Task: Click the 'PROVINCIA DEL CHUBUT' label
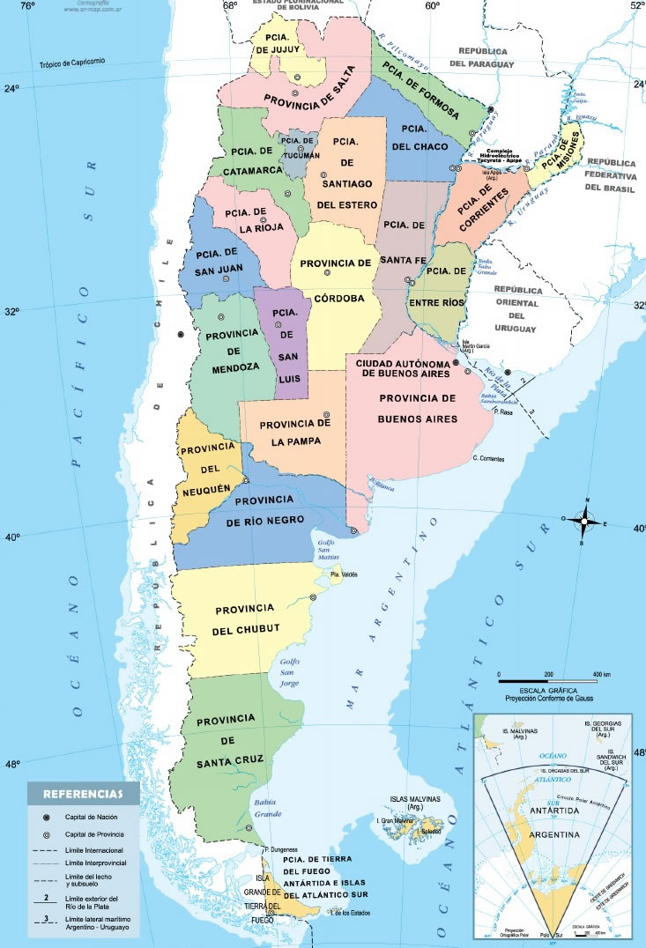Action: [x=246, y=618]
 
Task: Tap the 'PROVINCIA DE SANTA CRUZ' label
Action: [x=229, y=739]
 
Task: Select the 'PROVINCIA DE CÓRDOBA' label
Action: [x=336, y=280]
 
